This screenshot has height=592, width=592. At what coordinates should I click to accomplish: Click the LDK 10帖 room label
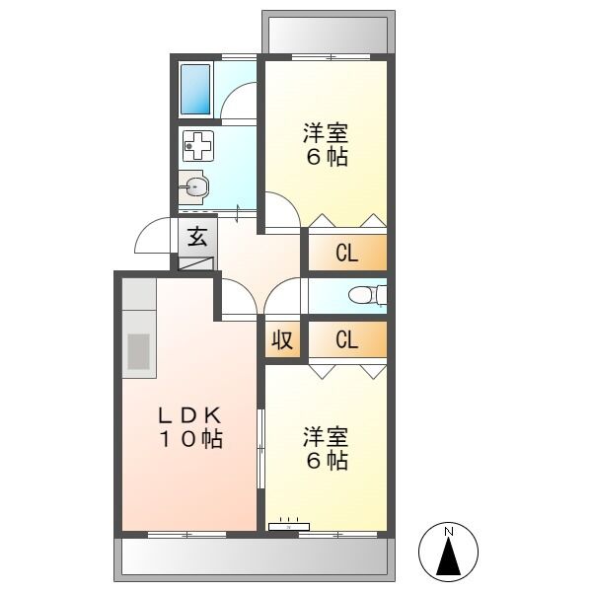pos(189,426)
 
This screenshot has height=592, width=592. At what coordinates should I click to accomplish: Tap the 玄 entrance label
pos(197,237)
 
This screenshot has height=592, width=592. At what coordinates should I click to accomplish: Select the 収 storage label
pos(281,340)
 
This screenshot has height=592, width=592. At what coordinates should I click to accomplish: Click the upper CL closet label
pos(346,254)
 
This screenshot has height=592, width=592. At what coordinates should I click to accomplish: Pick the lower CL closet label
pos(346,340)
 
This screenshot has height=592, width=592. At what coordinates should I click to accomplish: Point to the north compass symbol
pos(450,554)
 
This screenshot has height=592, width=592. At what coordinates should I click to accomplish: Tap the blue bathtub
pos(197,89)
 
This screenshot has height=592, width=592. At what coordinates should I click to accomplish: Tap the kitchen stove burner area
pos(139,351)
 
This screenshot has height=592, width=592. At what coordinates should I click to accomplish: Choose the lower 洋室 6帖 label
pos(325,447)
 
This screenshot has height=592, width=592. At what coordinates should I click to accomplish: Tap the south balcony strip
pos(254,560)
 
